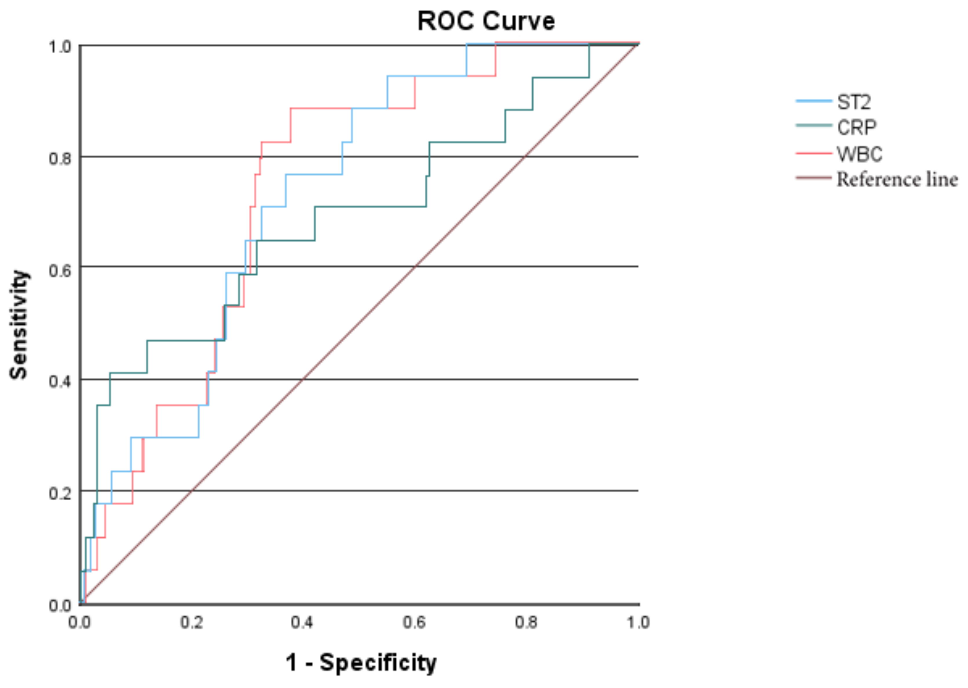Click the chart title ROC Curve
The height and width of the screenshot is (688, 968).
click(486, 21)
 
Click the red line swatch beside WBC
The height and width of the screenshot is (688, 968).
click(813, 153)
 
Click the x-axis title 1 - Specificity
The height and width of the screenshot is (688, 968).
click(361, 662)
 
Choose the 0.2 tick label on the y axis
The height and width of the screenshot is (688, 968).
click(60, 493)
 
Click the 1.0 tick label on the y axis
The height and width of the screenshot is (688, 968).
click(60, 47)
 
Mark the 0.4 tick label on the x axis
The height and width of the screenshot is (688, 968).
click(302, 623)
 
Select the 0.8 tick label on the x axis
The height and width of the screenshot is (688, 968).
click(526, 623)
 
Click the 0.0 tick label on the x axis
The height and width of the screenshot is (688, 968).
click(80, 623)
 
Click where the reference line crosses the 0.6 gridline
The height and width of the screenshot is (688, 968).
click(415, 267)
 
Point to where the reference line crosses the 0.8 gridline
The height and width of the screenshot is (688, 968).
click(525, 157)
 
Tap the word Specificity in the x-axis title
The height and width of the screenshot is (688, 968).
click(378, 662)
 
